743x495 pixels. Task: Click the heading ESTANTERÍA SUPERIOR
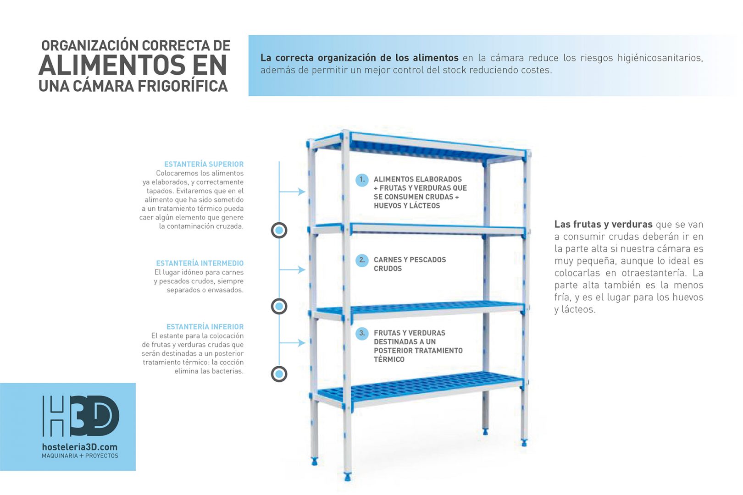204,164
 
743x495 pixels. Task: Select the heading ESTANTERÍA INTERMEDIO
200,263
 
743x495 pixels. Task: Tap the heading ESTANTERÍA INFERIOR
205,327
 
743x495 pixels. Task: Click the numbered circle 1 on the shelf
362,180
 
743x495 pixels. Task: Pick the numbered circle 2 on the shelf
362,260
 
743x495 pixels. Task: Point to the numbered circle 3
362,333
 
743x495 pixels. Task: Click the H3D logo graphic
81,416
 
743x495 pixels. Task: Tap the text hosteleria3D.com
80,447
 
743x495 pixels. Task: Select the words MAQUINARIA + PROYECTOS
80,456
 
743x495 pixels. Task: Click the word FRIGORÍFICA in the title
183,86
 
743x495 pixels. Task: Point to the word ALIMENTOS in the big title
112,65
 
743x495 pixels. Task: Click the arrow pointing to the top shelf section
292,192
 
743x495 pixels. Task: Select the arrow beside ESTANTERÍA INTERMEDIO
292,269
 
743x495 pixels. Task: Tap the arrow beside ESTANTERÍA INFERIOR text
292,342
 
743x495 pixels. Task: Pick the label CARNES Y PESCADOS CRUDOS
410,264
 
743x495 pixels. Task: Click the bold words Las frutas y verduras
604,225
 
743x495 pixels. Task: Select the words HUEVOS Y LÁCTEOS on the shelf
407,206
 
